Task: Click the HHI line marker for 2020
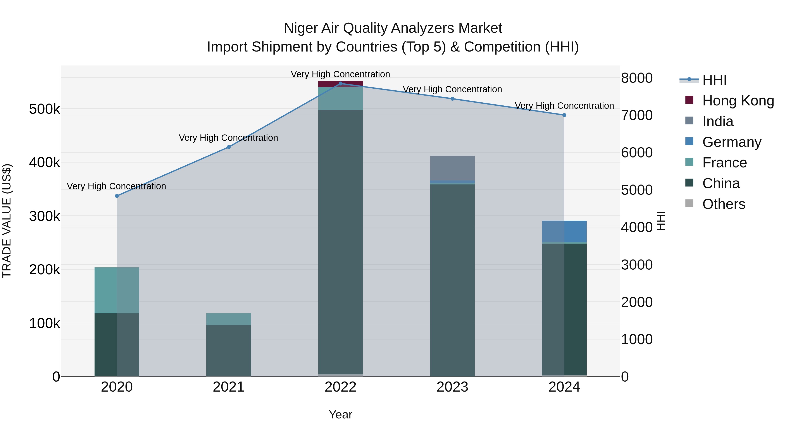(x=117, y=196)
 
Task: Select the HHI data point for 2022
(x=341, y=83)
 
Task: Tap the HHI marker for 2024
(x=564, y=115)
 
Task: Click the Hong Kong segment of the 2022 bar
(x=341, y=84)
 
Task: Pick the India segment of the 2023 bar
(x=453, y=168)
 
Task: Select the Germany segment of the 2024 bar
(x=564, y=231)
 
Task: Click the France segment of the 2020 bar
(x=117, y=290)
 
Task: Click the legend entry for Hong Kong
(x=738, y=101)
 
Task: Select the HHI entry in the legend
(x=714, y=80)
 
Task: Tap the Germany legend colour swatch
(x=689, y=141)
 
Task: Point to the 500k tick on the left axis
(x=45, y=109)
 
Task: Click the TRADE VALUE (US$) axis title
(x=7, y=221)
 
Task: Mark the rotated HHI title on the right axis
(x=661, y=221)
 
